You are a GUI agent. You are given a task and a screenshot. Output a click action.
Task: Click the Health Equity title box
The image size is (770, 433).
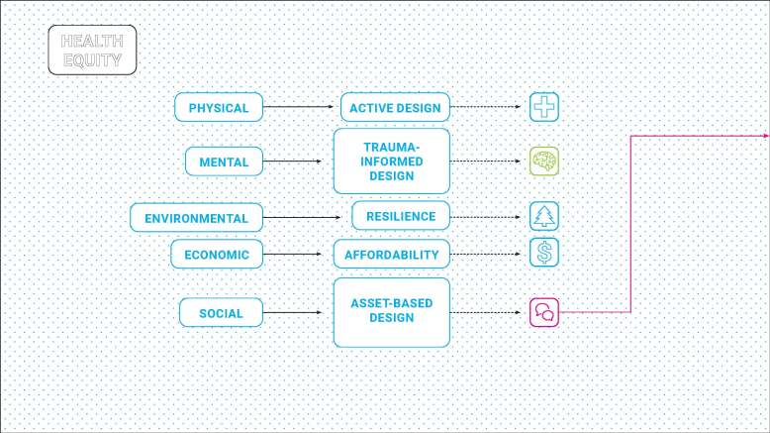(x=92, y=51)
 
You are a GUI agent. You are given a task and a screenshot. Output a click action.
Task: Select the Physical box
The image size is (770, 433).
(x=219, y=107)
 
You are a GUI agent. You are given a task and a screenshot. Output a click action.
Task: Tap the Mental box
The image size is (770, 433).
(x=224, y=162)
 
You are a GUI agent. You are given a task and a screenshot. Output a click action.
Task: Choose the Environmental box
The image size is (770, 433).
(x=196, y=217)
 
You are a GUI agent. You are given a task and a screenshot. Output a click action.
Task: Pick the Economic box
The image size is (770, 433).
(x=217, y=254)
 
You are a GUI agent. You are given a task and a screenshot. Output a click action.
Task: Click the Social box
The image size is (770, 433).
(x=221, y=312)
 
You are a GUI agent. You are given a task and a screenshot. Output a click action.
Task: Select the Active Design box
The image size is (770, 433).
(x=395, y=107)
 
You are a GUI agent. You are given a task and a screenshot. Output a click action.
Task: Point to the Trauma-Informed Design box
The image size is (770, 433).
(x=391, y=162)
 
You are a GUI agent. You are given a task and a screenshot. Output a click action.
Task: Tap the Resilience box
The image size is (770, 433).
(x=401, y=216)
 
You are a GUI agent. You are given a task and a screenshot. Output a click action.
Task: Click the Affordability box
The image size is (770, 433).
(x=391, y=254)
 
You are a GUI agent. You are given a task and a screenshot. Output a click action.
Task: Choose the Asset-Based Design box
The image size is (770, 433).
(x=391, y=312)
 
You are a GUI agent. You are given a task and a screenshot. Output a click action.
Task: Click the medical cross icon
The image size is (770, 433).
(x=544, y=107)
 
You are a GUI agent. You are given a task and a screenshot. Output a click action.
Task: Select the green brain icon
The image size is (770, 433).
(x=544, y=162)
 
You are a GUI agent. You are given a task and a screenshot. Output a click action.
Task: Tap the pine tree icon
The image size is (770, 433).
(x=544, y=216)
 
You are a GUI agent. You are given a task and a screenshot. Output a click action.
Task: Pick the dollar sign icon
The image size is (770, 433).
(x=544, y=253)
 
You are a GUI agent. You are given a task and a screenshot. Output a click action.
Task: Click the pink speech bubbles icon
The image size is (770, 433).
(x=544, y=312)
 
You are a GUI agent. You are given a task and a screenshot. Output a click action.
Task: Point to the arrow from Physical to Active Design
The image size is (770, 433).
(x=298, y=107)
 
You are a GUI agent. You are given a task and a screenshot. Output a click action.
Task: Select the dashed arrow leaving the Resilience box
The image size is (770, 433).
(x=485, y=217)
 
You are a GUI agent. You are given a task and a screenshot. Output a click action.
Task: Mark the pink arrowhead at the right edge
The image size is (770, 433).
(x=767, y=136)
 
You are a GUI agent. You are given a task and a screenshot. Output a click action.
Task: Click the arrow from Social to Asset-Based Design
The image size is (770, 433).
(x=292, y=312)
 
